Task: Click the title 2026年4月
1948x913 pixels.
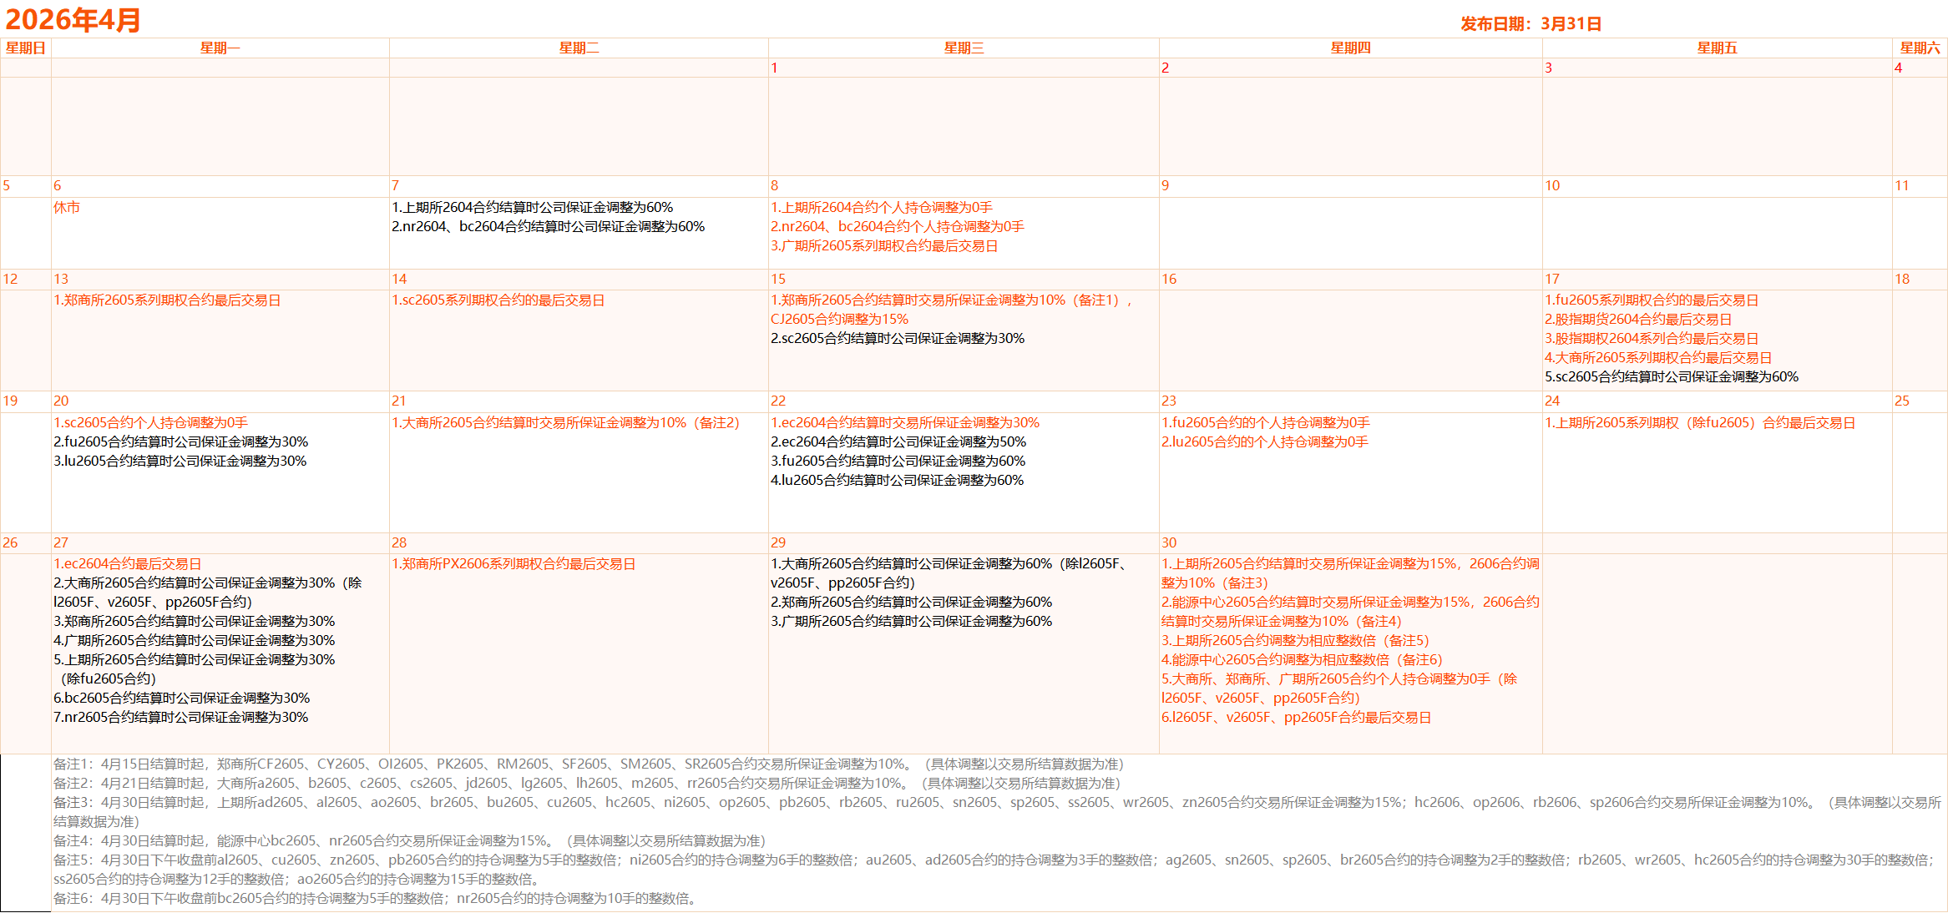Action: click(73, 19)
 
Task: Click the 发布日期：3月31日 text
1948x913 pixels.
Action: click(1531, 24)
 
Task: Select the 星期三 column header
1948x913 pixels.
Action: click(964, 48)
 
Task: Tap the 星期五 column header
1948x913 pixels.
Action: click(1717, 48)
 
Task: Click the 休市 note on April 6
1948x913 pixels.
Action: click(67, 208)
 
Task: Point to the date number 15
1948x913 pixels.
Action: click(778, 280)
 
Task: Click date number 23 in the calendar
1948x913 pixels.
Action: click(1169, 401)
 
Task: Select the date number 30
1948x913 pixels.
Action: click(1169, 543)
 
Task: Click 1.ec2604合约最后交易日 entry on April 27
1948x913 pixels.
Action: click(128, 564)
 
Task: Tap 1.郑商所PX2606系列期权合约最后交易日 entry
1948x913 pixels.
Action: click(514, 564)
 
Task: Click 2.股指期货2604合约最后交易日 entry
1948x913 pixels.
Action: click(1638, 320)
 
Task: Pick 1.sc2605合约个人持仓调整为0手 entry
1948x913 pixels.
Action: click(151, 423)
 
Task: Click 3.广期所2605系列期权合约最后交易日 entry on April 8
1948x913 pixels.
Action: click(884, 246)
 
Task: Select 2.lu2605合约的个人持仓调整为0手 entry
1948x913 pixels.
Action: click(1265, 442)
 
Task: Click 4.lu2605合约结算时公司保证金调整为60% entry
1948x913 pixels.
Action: click(897, 481)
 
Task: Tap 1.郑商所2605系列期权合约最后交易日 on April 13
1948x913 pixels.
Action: click(167, 300)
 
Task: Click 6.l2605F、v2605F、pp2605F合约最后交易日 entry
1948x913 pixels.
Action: click(1296, 718)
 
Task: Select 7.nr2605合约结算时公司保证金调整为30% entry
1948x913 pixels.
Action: click(181, 718)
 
